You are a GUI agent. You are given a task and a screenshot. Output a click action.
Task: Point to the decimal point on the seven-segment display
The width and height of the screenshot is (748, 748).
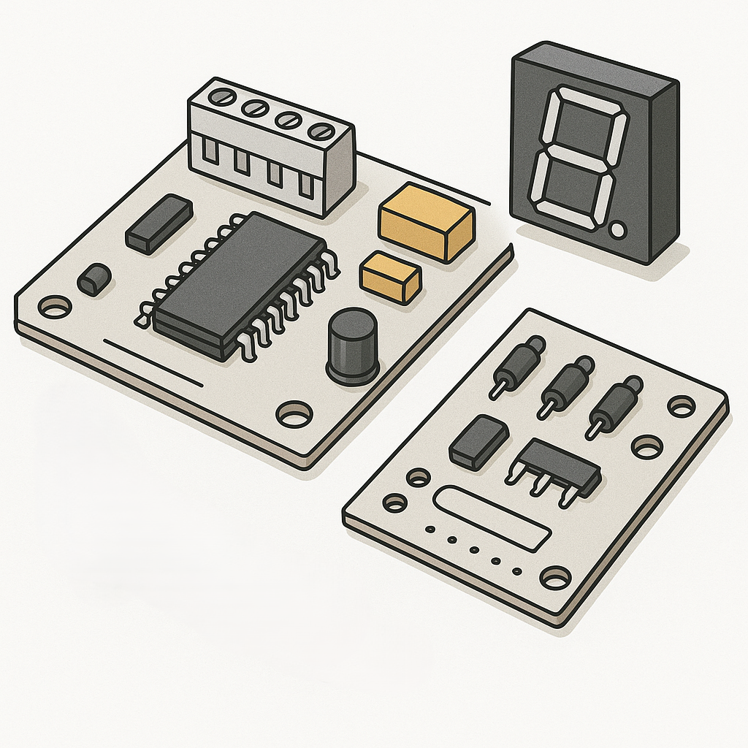[x=618, y=230]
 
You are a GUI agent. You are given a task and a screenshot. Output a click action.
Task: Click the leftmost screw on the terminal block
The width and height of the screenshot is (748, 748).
[x=219, y=97]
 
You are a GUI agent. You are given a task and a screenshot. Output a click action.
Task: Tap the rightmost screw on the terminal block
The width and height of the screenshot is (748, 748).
[x=320, y=131]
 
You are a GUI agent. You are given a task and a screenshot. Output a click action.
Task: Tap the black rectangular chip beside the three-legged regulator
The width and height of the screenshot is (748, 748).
[x=479, y=440]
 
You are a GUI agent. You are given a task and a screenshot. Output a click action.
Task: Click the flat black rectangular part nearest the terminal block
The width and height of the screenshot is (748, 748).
[x=159, y=224]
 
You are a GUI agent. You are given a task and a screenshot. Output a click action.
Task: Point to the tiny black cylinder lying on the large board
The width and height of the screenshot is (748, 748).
[x=94, y=280]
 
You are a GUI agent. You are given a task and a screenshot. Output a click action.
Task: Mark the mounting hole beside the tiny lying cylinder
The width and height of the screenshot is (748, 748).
[x=55, y=307]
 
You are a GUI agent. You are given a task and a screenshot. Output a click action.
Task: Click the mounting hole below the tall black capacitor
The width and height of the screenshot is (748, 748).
[x=294, y=414]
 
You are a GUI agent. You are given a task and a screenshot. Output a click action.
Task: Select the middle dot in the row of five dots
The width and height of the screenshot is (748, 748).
[x=473, y=550]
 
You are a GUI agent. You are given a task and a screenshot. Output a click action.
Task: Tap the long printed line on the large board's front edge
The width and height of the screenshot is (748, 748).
[x=153, y=362]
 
